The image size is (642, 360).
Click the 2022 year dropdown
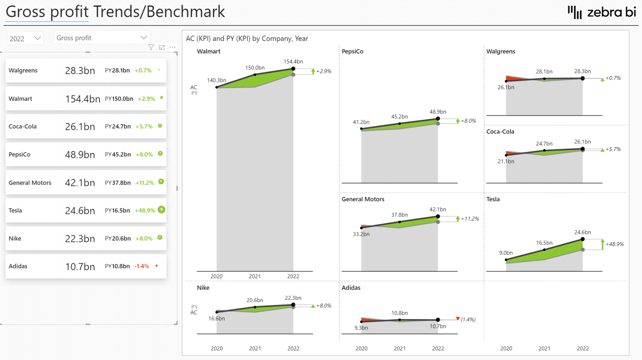pyautogui.click(x=25, y=38)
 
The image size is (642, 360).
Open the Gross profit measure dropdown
pyautogui.click(x=102, y=38)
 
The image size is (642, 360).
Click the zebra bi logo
pyautogui.click(x=601, y=12)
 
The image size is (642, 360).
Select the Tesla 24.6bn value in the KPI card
pyautogui.click(x=80, y=211)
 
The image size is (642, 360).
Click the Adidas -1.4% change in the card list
pyautogui.click(x=142, y=266)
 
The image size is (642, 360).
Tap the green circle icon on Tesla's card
pyautogui.click(x=161, y=210)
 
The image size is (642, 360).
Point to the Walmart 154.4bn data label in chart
pyautogui.click(x=293, y=61)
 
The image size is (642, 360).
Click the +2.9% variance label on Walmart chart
pyautogui.click(x=324, y=71)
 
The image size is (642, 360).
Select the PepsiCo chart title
pyautogui.click(x=352, y=51)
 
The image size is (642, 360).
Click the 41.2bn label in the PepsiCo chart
pyautogui.click(x=361, y=122)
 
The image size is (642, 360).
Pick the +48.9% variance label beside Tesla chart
pyautogui.click(x=614, y=244)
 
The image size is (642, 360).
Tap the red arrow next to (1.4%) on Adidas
pyautogui.click(x=458, y=319)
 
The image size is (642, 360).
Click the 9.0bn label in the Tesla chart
pyautogui.click(x=506, y=253)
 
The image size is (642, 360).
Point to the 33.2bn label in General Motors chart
pyautogui.click(x=361, y=234)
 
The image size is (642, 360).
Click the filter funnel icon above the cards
pyautogui.click(x=151, y=47)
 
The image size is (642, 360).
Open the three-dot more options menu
pyautogui.click(x=172, y=47)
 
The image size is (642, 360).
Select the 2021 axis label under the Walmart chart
pyautogui.click(x=255, y=276)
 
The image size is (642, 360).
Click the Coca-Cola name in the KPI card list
pyautogui.click(x=23, y=126)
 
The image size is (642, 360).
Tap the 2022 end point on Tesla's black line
pyautogui.click(x=583, y=240)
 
